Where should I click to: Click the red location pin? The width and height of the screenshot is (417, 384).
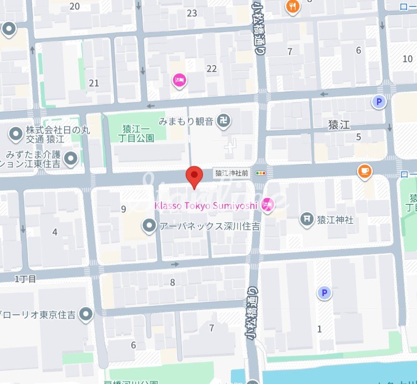point(195,176)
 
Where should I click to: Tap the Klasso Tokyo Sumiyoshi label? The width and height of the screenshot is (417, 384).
point(206,205)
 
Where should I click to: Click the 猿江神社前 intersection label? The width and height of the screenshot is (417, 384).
point(231,173)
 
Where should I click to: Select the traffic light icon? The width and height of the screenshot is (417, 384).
point(260,173)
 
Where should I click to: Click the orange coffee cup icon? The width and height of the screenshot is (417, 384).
point(364,171)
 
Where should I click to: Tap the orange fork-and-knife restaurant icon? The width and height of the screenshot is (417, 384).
point(292,6)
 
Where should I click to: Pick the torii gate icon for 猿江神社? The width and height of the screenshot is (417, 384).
point(307,220)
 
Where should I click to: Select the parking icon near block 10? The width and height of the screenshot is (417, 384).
point(378,102)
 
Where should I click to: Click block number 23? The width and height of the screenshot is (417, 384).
point(191,13)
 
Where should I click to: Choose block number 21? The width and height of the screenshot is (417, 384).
point(94,83)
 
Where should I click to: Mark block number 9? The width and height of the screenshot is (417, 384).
point(124,209)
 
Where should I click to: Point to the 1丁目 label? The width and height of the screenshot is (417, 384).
point(25,279)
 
